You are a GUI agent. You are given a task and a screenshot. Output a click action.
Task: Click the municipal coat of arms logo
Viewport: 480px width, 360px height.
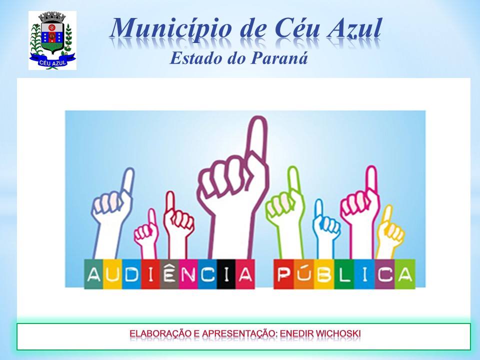click(52, 40)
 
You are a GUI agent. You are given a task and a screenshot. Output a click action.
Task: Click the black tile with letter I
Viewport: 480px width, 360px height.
click(226, 274)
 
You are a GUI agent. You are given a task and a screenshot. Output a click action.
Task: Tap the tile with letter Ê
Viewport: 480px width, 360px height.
click(169, 274)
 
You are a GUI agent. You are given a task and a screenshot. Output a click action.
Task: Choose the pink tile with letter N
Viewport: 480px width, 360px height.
click(188, 274)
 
